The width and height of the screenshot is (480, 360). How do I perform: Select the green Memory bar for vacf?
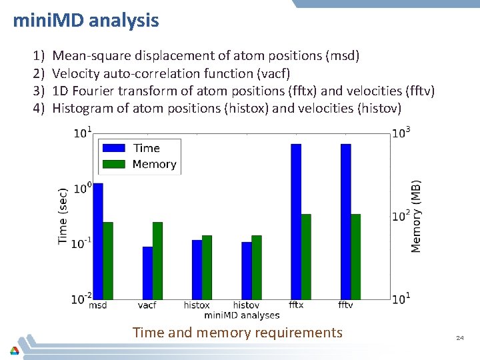(157, 261)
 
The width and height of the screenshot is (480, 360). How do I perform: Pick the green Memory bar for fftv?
(355, 257)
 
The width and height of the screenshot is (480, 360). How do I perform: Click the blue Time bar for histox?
(197, 269)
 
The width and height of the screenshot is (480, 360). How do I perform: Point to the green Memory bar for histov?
(257, 267)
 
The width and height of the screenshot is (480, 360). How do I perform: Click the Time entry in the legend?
(146, 148)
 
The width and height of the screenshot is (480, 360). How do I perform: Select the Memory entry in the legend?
(154, 164)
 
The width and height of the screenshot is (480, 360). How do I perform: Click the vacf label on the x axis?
(147, 305)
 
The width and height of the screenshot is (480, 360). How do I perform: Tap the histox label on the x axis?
(197, 305)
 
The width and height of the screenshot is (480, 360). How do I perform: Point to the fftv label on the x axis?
(345, 305)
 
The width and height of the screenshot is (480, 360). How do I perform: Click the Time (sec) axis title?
(63, 215)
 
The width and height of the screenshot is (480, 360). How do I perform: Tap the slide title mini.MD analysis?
(86, 21)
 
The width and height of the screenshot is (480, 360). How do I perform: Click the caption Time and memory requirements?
(237, 332)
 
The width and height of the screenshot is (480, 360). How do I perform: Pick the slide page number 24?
(459, 339)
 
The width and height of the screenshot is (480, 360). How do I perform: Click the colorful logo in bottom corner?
(14, 350)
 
